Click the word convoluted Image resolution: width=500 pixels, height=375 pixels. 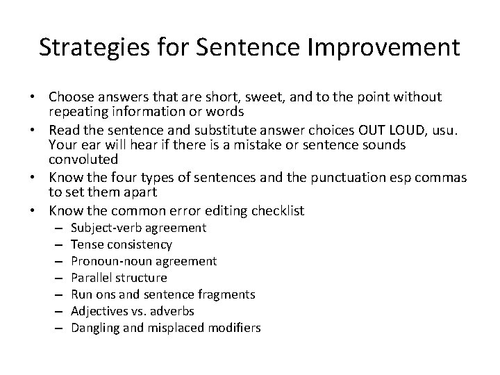(83, 162)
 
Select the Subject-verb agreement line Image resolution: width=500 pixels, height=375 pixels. (138, 228)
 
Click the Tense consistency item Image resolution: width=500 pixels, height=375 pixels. (122, 244)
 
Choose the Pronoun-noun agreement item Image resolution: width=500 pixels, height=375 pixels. (144, 261)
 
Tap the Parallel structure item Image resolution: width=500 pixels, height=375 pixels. (119, 278)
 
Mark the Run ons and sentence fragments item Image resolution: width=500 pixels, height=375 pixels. (163, 294)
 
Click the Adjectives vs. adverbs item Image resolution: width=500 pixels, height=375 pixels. (133, 311)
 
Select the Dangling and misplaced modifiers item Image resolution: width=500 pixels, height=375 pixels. (166, 328)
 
